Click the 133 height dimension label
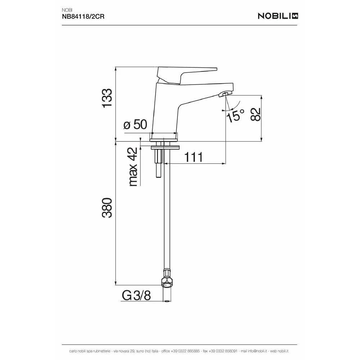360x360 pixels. coord(107,98)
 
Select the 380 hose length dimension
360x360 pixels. coord(107,208)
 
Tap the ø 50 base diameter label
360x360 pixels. coord(135,125)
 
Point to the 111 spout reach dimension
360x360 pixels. coord(194,157)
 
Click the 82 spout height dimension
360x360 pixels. coord(255,114)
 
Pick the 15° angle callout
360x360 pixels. coord(235,116)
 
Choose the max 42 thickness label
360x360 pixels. coord(133,167)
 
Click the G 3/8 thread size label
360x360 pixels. coord(136,295)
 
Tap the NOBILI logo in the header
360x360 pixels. coord(278,16)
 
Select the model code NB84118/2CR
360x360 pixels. coord(83,17)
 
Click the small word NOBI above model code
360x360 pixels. coord(67,10)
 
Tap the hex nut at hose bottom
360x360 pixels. coord(167,282)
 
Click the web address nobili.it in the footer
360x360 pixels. coord(283,351)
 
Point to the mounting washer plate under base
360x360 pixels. coord(165,147)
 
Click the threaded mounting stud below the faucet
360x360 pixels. coord(158,163)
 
